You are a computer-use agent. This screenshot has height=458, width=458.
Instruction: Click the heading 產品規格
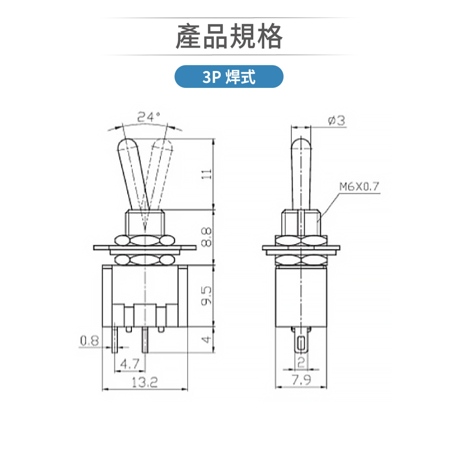pyautogui.click(x=229, y=37)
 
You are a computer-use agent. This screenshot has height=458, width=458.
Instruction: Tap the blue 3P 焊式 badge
pyautogui.click(x=229, y=76)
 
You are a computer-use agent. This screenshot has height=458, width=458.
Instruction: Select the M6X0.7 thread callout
pyautogui.click(x=360, y=187)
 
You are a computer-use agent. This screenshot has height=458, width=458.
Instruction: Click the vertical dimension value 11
pyautogui.click(x=207, y=174)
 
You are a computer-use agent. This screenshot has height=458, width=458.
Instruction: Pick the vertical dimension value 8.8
pyautogui.click(x=207, y=237)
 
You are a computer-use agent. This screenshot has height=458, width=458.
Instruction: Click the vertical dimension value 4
pyautogui.click(x=207, y=340)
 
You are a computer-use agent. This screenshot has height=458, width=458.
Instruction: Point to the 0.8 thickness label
pyautogui.click(x=89, y=341)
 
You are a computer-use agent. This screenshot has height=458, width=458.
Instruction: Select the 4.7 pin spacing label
pyautogui.click(x=129, y=364)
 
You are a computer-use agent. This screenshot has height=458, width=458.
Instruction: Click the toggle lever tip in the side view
pyautogui.click(x=301, y=143)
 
